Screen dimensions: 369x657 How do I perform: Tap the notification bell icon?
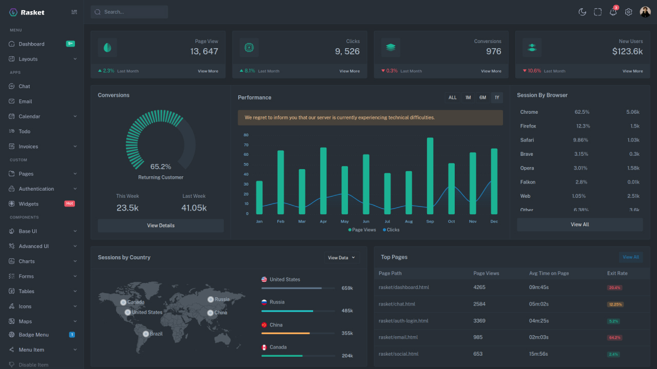(x=613, y=12)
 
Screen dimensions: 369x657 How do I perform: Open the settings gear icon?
(x=628, y=12)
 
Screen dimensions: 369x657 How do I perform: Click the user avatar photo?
(x=645, y=12)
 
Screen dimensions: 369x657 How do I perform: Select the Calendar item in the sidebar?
(x=29, y=116)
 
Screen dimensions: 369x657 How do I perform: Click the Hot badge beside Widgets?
(x=69, y=203)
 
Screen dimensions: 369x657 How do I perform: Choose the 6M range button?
(x=482, y=97)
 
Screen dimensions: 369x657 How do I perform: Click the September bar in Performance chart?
(x=430, y=176)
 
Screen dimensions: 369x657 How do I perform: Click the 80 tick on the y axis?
(x=246, y=135)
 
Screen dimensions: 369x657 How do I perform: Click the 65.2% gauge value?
(x=161, y=167)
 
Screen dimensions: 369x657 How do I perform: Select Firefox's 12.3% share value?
(x=583, y=126)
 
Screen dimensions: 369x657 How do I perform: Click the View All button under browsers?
(x=579, y=224)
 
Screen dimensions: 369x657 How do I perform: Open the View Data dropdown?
(x=341, y=258)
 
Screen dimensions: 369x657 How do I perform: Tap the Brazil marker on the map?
(x=146, y=334)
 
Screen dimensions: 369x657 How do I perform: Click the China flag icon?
(x=264, y=325)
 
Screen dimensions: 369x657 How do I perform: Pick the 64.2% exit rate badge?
(x=615, y=338)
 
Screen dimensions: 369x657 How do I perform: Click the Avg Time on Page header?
(x=549, y=273)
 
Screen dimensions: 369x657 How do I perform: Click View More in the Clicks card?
(x=350, y=71)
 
